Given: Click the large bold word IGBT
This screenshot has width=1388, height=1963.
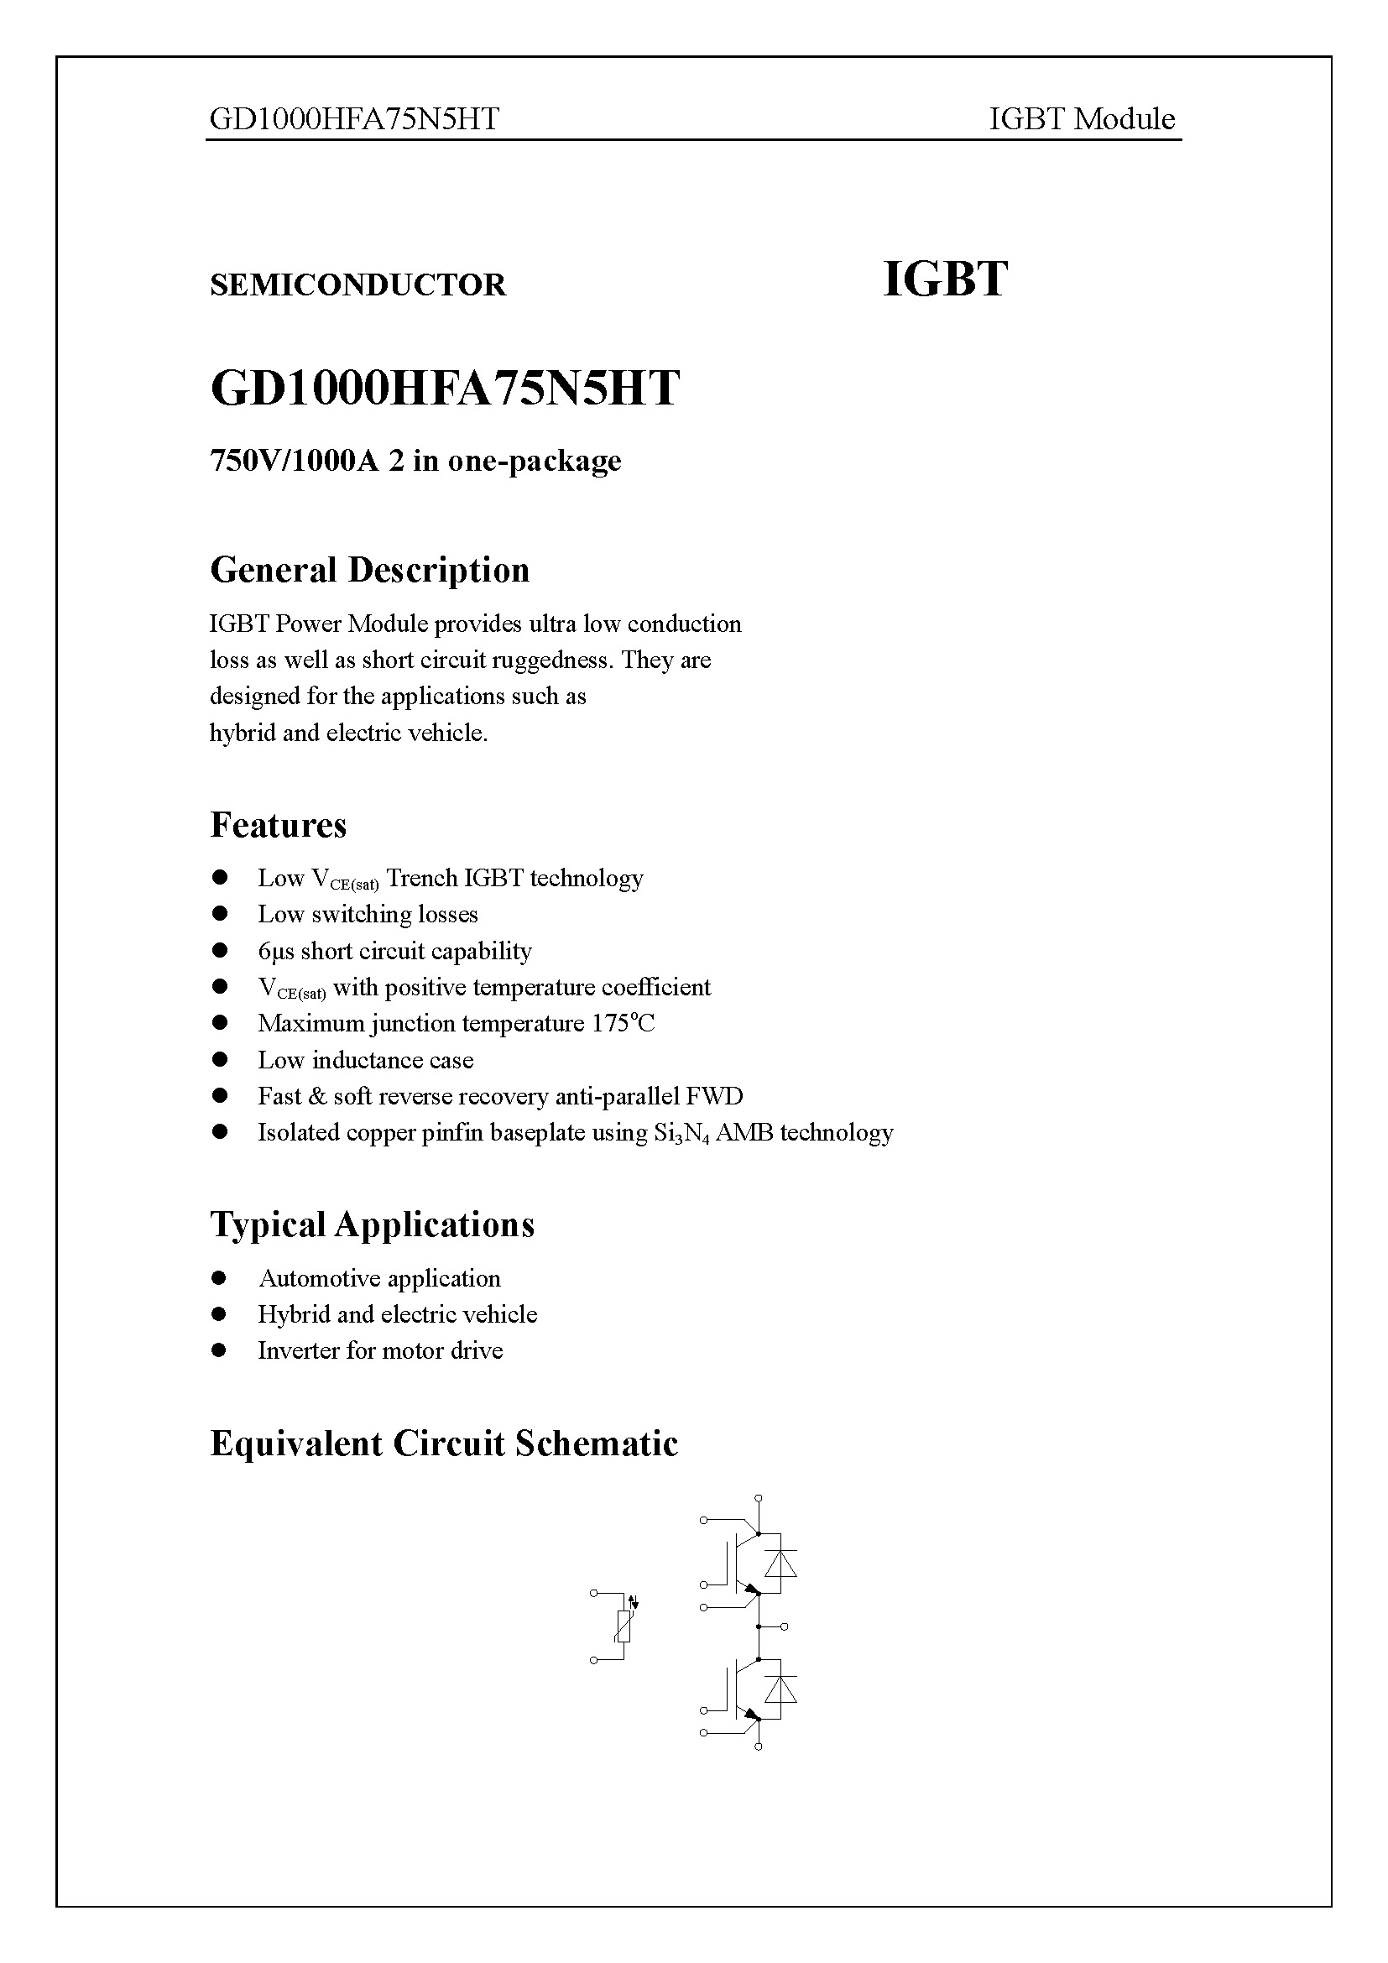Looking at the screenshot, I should [x=944, y=279].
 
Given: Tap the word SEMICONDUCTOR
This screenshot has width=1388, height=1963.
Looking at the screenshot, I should [x=357, y=285].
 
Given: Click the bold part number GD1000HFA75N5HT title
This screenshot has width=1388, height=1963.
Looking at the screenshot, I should [x=445, y=389].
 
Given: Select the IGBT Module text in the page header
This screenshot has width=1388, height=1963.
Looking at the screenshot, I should [x=1081, y=119].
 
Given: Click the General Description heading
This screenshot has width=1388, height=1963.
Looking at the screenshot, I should [x=369, y=570].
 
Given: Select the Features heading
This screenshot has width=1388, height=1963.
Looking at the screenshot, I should [x=278, y=825].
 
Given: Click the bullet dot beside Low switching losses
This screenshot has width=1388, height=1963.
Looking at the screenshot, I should [x=220, y=914].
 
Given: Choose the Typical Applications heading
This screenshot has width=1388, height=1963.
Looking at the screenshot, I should [x=372, y=1224].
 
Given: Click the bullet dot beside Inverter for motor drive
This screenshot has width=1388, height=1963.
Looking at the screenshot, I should [x=220, y=1350].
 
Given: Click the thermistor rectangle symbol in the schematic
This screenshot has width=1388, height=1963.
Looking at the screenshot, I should [x=624, y=1626].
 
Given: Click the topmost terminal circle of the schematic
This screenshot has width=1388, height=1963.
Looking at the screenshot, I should [x=759, y=1498].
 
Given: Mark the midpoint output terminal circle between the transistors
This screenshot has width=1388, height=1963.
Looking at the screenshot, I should [x=785, y=1626].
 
